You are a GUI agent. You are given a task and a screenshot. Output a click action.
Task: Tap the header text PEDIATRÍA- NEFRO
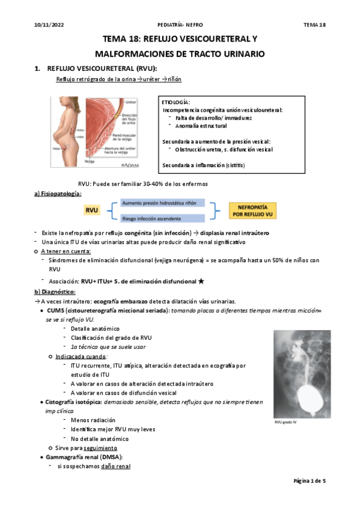tap(179, 24)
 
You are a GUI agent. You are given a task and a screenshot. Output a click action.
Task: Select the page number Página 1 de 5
tap(309, 481)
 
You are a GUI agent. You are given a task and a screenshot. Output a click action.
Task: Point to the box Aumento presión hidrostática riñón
tap(162, 203)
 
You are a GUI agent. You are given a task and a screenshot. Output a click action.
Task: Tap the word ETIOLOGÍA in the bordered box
tap(176, 102)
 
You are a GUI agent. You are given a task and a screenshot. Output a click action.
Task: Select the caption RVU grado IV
tap(287, 422)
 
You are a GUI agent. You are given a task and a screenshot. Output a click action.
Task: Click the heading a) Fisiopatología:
tap(58, 194)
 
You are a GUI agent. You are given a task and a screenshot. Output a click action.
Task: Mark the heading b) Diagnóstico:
tap(55, 292)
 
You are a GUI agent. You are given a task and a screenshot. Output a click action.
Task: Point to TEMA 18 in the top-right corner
tap(314, 24)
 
